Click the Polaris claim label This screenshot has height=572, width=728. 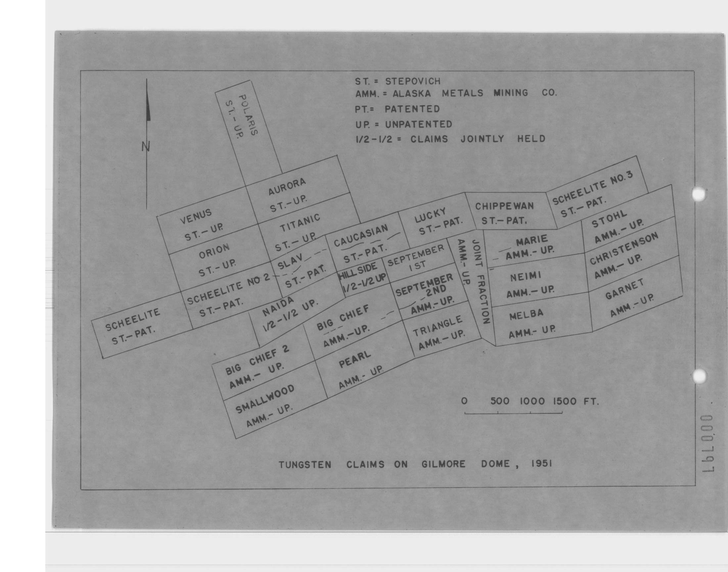point(249,115)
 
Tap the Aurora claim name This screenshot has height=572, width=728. point(287,187)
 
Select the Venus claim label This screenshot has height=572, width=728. point(196,217)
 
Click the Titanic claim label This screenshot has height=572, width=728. point(300,223)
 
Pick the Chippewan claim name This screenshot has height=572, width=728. point(504,206)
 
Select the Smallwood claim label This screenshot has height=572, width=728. point(265,399)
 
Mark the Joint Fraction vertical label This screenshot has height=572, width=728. point(481,281)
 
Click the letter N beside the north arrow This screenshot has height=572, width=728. point(146,146)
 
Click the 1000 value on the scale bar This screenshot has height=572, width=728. point(532,401)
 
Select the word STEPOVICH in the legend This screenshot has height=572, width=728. point(413,81)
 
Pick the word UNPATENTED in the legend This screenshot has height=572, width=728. point(418,124)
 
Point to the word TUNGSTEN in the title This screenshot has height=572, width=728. point(305,465)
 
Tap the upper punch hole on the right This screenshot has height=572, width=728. point(699,195)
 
